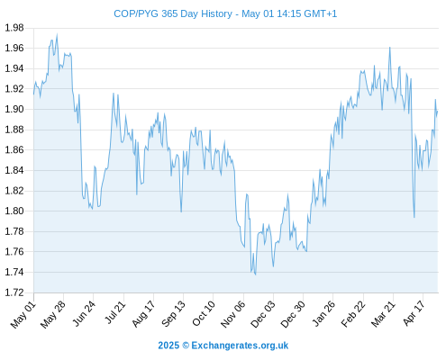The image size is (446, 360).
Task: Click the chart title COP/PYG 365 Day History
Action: point(173,13)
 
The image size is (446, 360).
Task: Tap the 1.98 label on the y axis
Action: point(14,28)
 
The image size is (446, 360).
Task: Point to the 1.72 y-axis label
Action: point(14,292)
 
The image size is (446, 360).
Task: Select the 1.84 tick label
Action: point(14,170)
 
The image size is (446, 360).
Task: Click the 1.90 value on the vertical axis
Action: point(14,109)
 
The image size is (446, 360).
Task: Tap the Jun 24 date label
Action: point(84,313)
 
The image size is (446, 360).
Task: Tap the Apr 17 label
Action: point(414,313)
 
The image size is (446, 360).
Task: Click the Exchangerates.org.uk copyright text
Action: point(240,346)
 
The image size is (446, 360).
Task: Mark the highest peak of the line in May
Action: point(57,34)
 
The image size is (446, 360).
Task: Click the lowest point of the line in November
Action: point(255,274)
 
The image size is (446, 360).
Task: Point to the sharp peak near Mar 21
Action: point(390,47)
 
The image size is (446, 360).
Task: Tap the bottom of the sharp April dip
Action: point(414,217)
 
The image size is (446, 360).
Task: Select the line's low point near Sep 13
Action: point(181,211)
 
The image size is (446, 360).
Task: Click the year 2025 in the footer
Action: point(168,346)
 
